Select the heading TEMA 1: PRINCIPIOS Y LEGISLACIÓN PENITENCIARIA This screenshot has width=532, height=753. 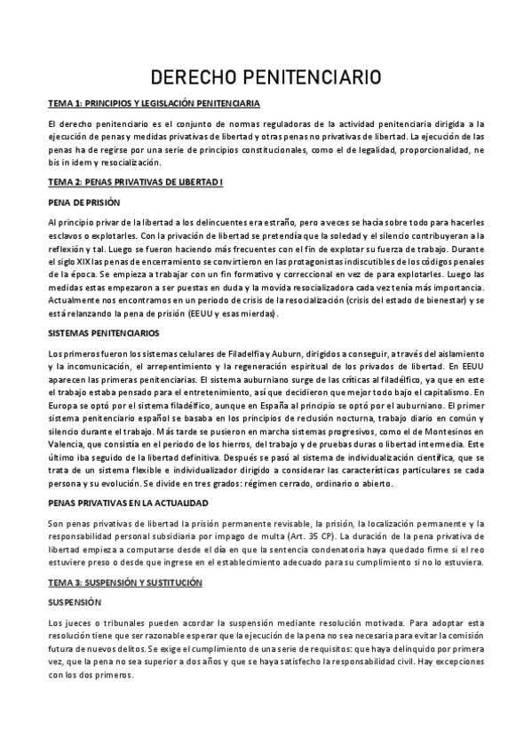click(x=154, y=104)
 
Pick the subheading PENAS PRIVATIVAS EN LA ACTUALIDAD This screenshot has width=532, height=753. click(x=130, y=502)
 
